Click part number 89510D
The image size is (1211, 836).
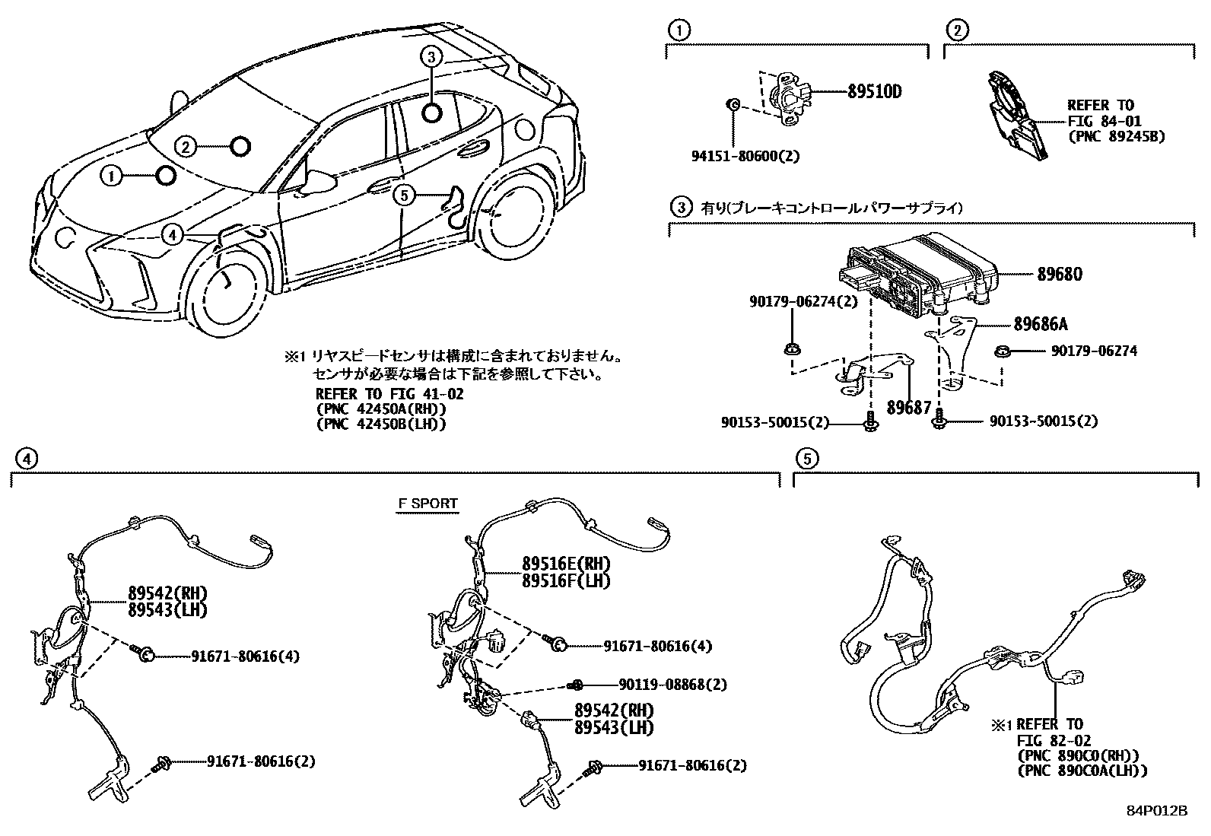pyautogui.click(x=874, y=92)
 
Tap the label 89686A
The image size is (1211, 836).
pyautogui.click(x=1040, y=325)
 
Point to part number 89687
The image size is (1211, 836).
pyautogui.click(x=909, y=408)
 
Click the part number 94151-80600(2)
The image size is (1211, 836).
pyautogui.click(x=745, y=156)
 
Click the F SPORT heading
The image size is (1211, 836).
pyautogui.click(x=428, y=504)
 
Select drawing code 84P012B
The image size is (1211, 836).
pyautogui.click(x=1157, y=811)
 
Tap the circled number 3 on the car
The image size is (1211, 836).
pyautogui.click(x=431, y=56)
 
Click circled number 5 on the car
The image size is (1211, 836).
pyautogui.click(x=404, y=196)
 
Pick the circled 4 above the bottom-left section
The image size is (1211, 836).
pyautogui.click(x=26, y=459)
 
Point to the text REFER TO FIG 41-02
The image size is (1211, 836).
pyautogui.click(x=389, y=394)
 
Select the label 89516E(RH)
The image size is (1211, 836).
pyautogui.click(x=566, y=564)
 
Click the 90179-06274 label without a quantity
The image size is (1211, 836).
pyautogui.click(x=1094, y=351)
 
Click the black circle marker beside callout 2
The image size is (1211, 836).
pyautogui.click(x=240, y=146)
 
